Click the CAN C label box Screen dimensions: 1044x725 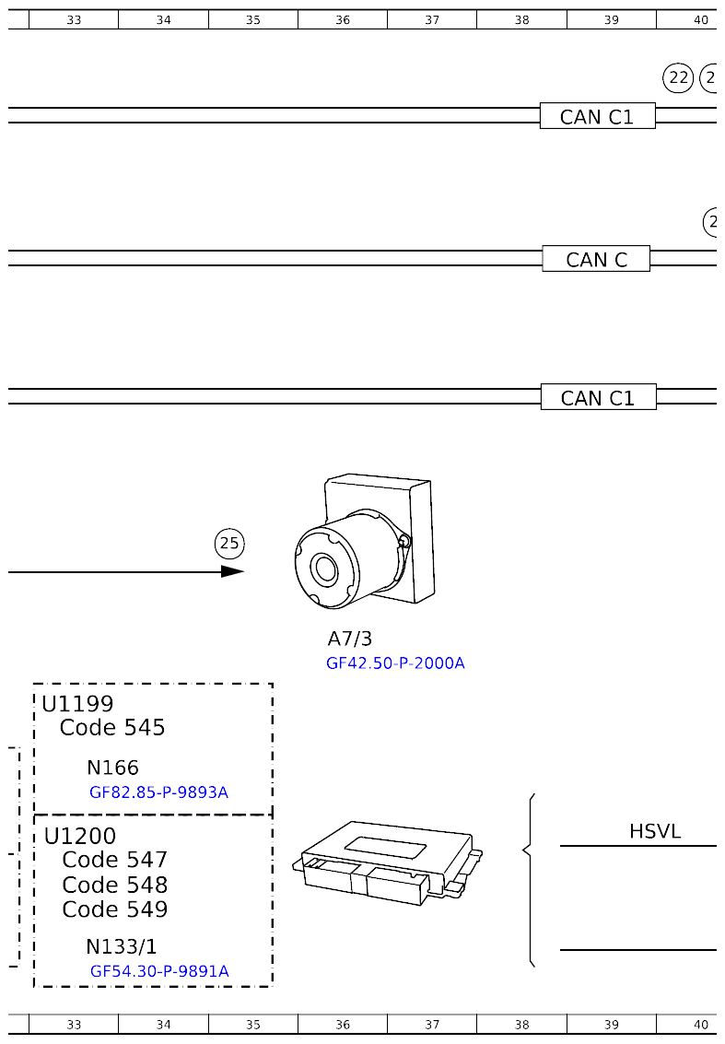coord(596,259)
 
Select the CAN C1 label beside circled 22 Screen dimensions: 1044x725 coord(597,116)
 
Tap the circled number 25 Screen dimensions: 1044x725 coord(229,544)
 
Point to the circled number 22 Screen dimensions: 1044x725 coord(678,78)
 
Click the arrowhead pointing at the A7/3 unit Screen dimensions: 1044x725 coord(233,571)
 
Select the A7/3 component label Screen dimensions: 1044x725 coord(349,639)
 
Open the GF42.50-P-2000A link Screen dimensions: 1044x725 coord(395,663)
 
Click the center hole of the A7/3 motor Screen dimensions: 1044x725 coord(325,569)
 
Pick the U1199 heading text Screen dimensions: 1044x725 coord(77,704)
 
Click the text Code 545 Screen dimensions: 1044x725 coord(112,728)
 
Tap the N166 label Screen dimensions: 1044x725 coord(112,768)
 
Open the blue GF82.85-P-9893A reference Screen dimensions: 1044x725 coord(158,792)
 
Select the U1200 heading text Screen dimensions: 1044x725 coord(80,836)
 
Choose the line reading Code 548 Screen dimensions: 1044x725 coord(115,885)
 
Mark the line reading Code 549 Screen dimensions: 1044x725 coord(115,909)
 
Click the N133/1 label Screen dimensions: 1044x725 coord(121,946)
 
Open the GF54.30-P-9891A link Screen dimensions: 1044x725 coord(159,971)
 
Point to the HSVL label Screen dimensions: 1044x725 coord(655,831)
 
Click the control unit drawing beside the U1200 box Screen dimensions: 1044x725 coord(387,859)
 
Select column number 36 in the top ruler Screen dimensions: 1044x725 coord(343,19)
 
